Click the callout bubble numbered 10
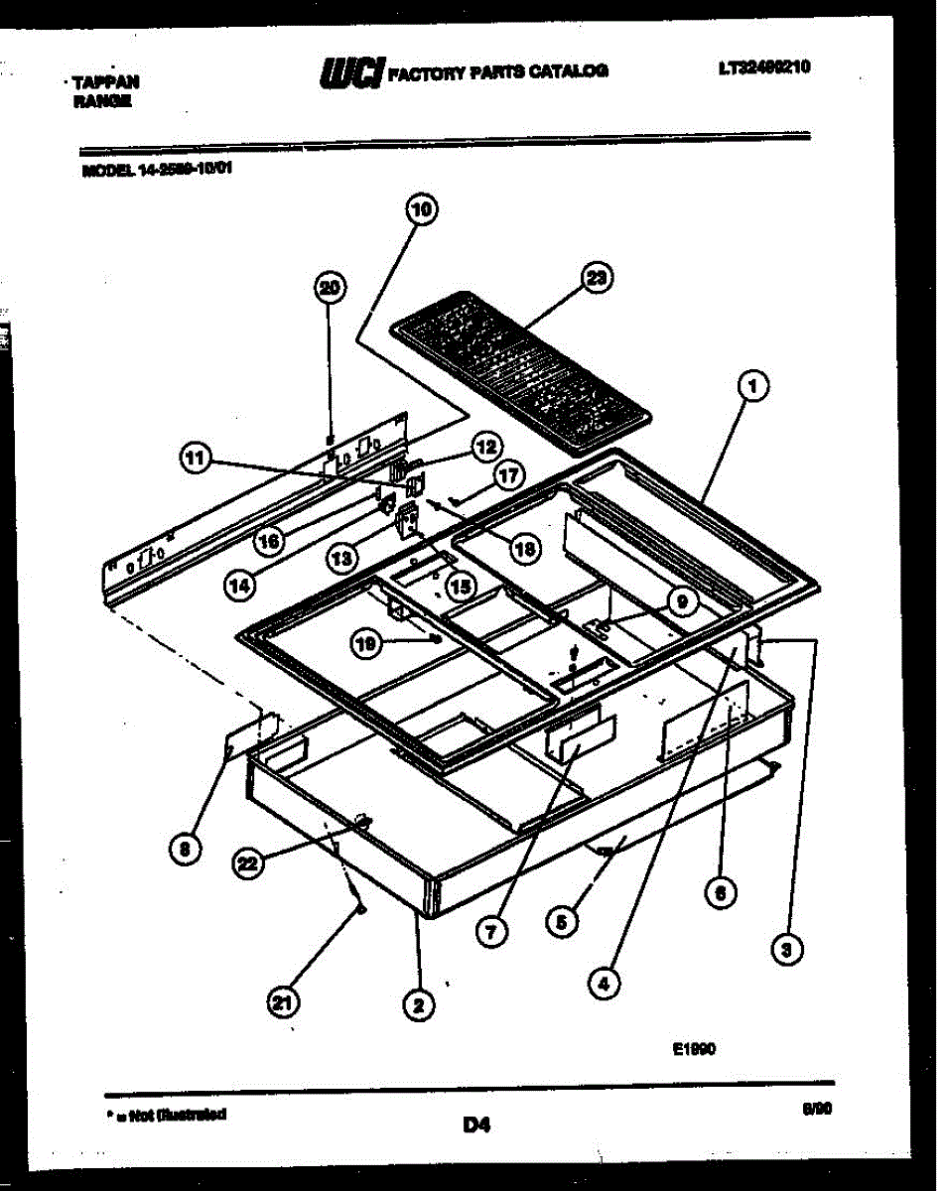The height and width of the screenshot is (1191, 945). (x=423, y=210)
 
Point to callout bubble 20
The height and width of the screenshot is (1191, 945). (x=329, y=289)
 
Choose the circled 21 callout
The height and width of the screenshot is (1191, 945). (x=284, y=1004)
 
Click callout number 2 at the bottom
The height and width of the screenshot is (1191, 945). (x=418, y=1005)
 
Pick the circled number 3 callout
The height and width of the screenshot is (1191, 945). (x=787, y=951)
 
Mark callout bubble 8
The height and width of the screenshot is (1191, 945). (x=184, y=848)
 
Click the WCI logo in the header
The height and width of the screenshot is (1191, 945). (x=349, y=72)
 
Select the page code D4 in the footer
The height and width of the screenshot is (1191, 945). (x=476, y=1125)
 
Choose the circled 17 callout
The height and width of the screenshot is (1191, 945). (x=508, y=475)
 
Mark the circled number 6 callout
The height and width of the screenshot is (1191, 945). (x=721, y=892)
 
